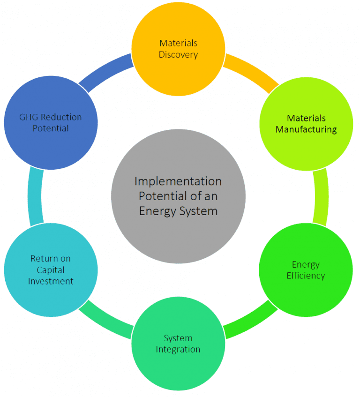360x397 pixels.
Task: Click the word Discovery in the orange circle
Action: pos(178,54)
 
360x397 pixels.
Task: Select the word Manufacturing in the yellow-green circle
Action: pos(306,129)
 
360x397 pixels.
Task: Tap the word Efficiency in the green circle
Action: pos(306,276)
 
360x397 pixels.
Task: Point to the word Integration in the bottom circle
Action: pos(178,349)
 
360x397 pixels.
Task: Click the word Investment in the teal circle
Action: pos(51,281)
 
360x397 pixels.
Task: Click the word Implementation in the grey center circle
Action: pos(178,181)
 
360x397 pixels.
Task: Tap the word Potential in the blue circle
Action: pos(51,128)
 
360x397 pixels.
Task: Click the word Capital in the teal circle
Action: pos(51,270)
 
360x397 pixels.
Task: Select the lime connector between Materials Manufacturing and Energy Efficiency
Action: pos(321,197)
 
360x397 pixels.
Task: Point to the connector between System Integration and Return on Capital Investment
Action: pos(105,321)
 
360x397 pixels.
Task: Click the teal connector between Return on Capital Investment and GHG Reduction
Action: pos(35,197)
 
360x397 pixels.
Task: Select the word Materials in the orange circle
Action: pos(178,43)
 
